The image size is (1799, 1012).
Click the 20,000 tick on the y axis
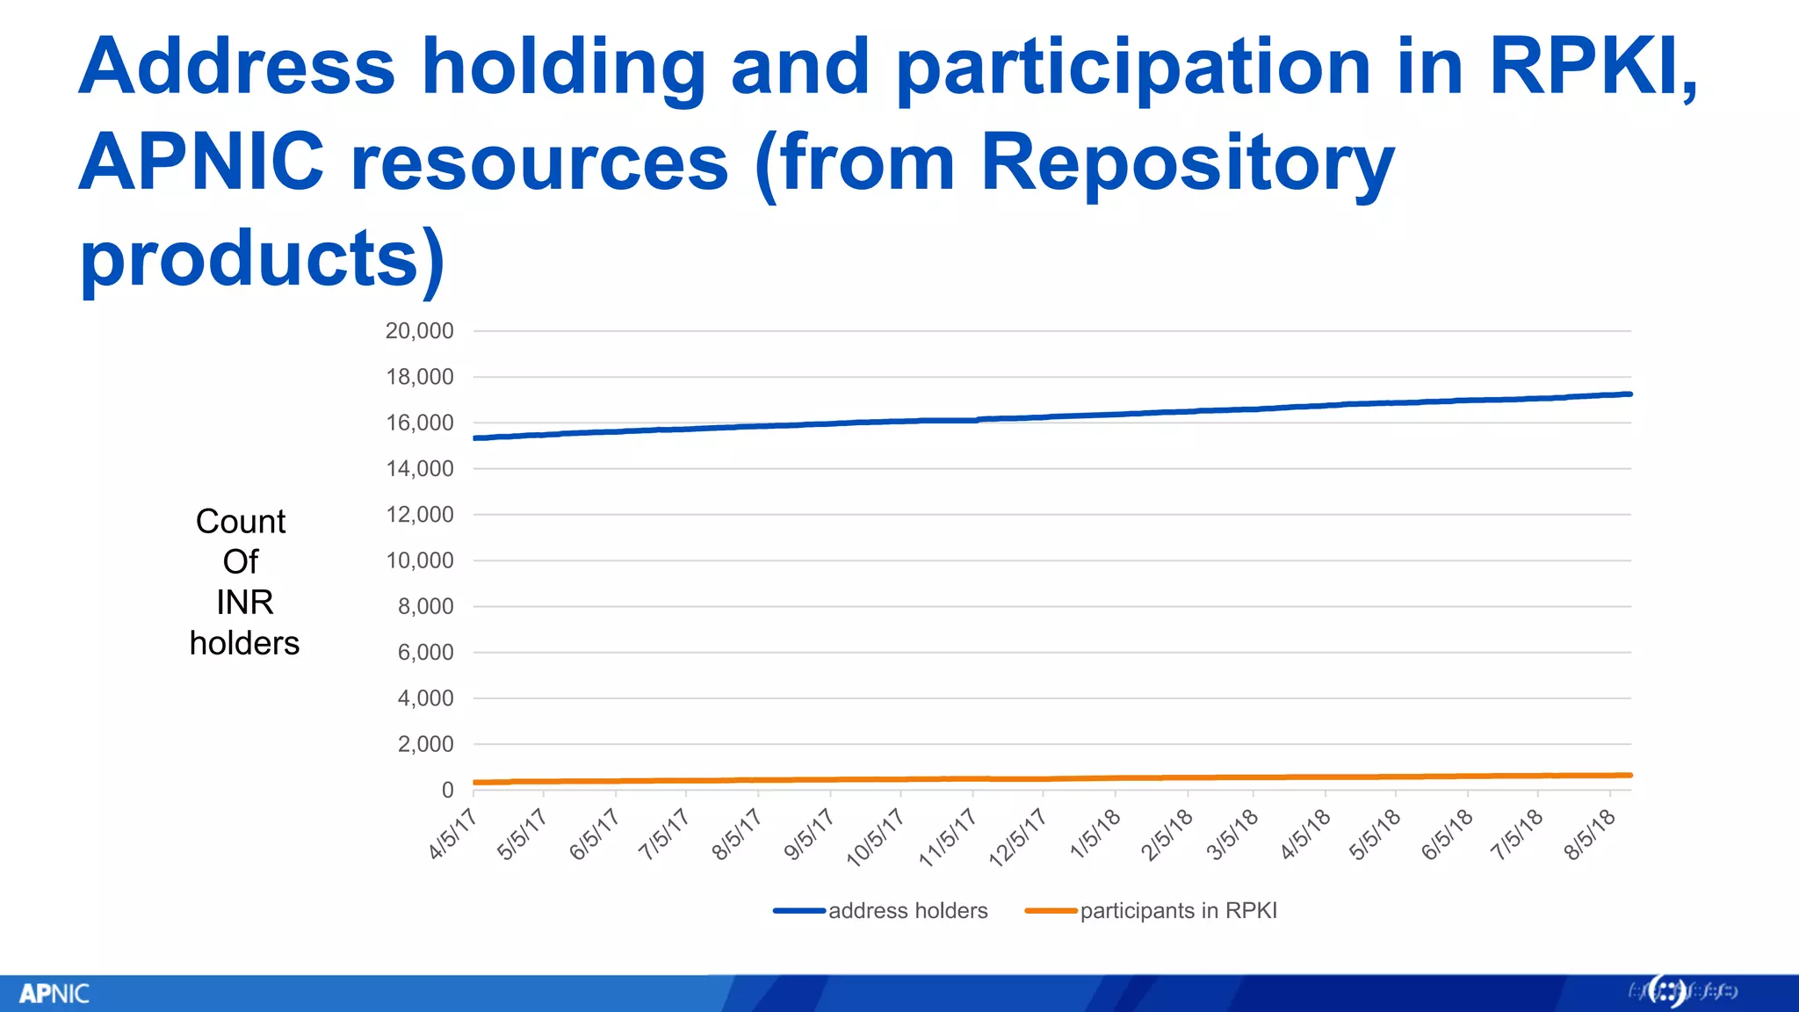[x=419, y=331]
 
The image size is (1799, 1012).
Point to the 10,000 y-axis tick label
[x=419, y=560]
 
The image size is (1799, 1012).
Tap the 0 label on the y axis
[x=447, y=791]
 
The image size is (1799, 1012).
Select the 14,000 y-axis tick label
[x=419, y=469]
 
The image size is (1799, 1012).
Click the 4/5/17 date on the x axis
[x=452, y=834]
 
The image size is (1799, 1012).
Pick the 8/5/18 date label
[x=1590, y=834]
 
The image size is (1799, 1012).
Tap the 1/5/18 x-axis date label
[x=1095, y=834]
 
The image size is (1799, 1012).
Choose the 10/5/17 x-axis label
[x=875, y=838]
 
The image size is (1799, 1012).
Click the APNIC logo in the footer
[x=54, y=994]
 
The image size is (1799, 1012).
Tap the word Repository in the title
[x=1186, y=163]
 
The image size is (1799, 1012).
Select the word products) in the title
[x=262, y=258]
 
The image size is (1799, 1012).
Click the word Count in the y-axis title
[x=241, y=522]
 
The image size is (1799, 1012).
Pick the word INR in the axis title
[x=244, y=603]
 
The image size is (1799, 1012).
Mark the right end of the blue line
[x=1629, y=394]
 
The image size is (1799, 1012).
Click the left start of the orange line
[x=475, y=782]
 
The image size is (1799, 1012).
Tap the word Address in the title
[x=237, y=67]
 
